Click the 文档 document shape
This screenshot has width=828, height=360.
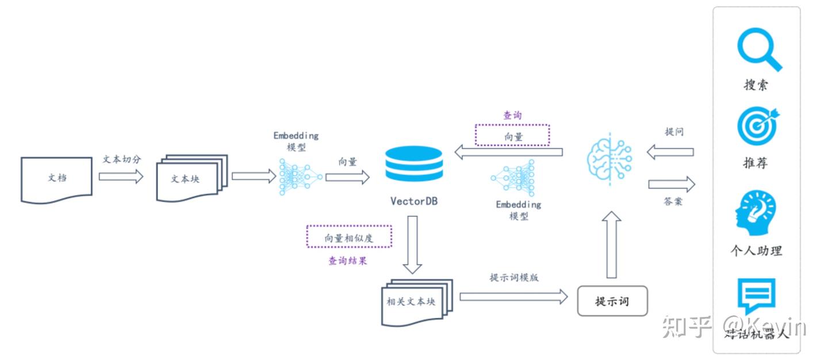56,178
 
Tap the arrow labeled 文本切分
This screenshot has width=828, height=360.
121,177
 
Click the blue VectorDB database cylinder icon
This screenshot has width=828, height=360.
414,163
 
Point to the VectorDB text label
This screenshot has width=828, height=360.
413,201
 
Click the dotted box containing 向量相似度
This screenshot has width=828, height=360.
349,237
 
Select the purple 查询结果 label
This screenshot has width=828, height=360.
348,261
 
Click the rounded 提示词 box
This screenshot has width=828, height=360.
612,301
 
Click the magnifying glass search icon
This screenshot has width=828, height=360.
759,52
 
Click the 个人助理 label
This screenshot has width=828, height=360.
756,251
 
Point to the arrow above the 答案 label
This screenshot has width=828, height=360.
672,185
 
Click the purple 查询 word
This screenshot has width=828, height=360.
512,115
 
